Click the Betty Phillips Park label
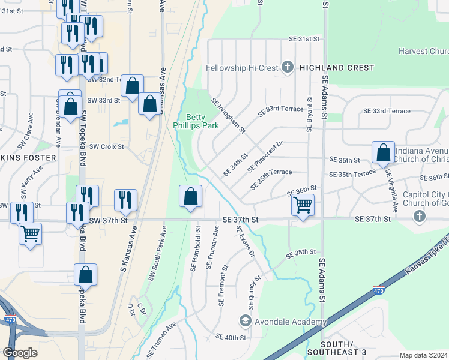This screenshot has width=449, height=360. (190, 121)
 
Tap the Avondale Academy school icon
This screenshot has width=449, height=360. (245, 322)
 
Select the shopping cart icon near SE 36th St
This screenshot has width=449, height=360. (303, 206)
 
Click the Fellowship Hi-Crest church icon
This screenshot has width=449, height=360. (288, 67)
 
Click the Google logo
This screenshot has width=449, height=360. (20, 352)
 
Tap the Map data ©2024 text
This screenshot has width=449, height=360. (423, 355)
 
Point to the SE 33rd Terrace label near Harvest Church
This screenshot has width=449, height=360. (387, 111)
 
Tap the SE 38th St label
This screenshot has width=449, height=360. (301, 254)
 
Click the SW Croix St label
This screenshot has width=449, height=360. (106, 146)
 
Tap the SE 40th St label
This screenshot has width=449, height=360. (231, 337)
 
